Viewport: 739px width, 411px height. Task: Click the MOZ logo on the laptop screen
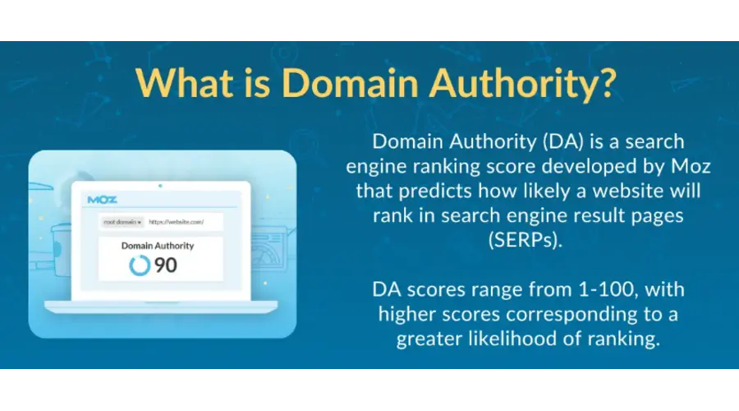(102, 200)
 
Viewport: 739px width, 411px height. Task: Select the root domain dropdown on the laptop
(122, 222)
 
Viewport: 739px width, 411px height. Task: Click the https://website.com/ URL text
(176, 222)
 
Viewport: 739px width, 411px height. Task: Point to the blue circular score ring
(140, 265)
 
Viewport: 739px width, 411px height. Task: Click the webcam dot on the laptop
(160, 187)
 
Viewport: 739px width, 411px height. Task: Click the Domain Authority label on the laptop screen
(158, 246)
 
